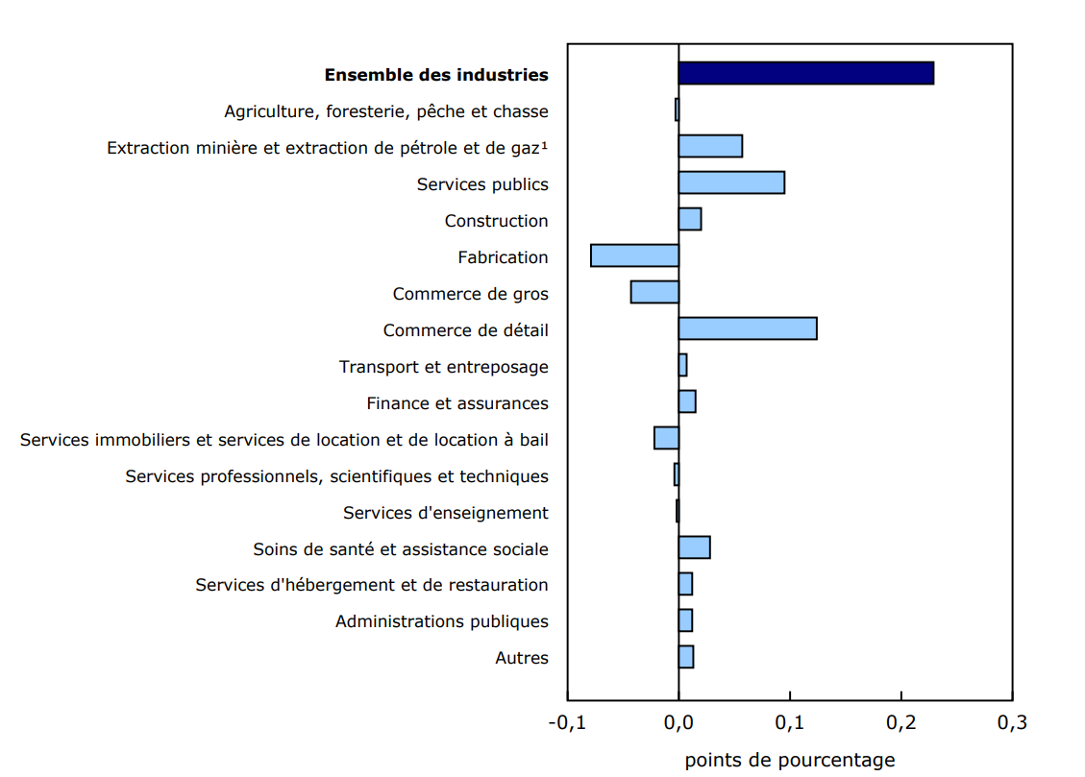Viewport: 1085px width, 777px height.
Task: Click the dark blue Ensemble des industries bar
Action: (805, 73)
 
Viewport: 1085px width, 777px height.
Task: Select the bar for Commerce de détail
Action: (748, 328)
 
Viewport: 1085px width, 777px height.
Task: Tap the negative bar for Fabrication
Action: (634, 255)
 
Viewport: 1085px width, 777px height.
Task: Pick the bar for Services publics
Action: (731, 182)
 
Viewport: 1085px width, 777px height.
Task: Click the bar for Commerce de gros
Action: (654, 292)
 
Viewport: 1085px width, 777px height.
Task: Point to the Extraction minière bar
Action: (710, 146)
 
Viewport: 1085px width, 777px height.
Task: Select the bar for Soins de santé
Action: (694, 547)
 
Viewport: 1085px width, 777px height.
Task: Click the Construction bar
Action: (690, 219)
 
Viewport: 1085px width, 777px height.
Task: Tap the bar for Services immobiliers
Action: (666, 438)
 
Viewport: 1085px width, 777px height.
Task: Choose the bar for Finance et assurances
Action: (687, 401)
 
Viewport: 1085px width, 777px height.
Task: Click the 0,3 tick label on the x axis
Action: (1012, 722)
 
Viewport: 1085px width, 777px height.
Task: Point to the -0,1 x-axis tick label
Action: (565, 722)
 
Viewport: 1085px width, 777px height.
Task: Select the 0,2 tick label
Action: (900, 722)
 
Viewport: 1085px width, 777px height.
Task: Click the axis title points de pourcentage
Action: (789, 760)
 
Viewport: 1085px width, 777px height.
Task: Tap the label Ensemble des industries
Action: (436, 75)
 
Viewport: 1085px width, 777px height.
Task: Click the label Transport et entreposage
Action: (443, 367)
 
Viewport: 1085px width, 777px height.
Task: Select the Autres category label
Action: (522, 658)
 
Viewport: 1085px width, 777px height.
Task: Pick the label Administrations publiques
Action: (441, 621)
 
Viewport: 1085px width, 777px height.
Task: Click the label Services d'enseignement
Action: (445, 513)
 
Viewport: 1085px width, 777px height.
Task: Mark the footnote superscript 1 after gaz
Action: (544, 145)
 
